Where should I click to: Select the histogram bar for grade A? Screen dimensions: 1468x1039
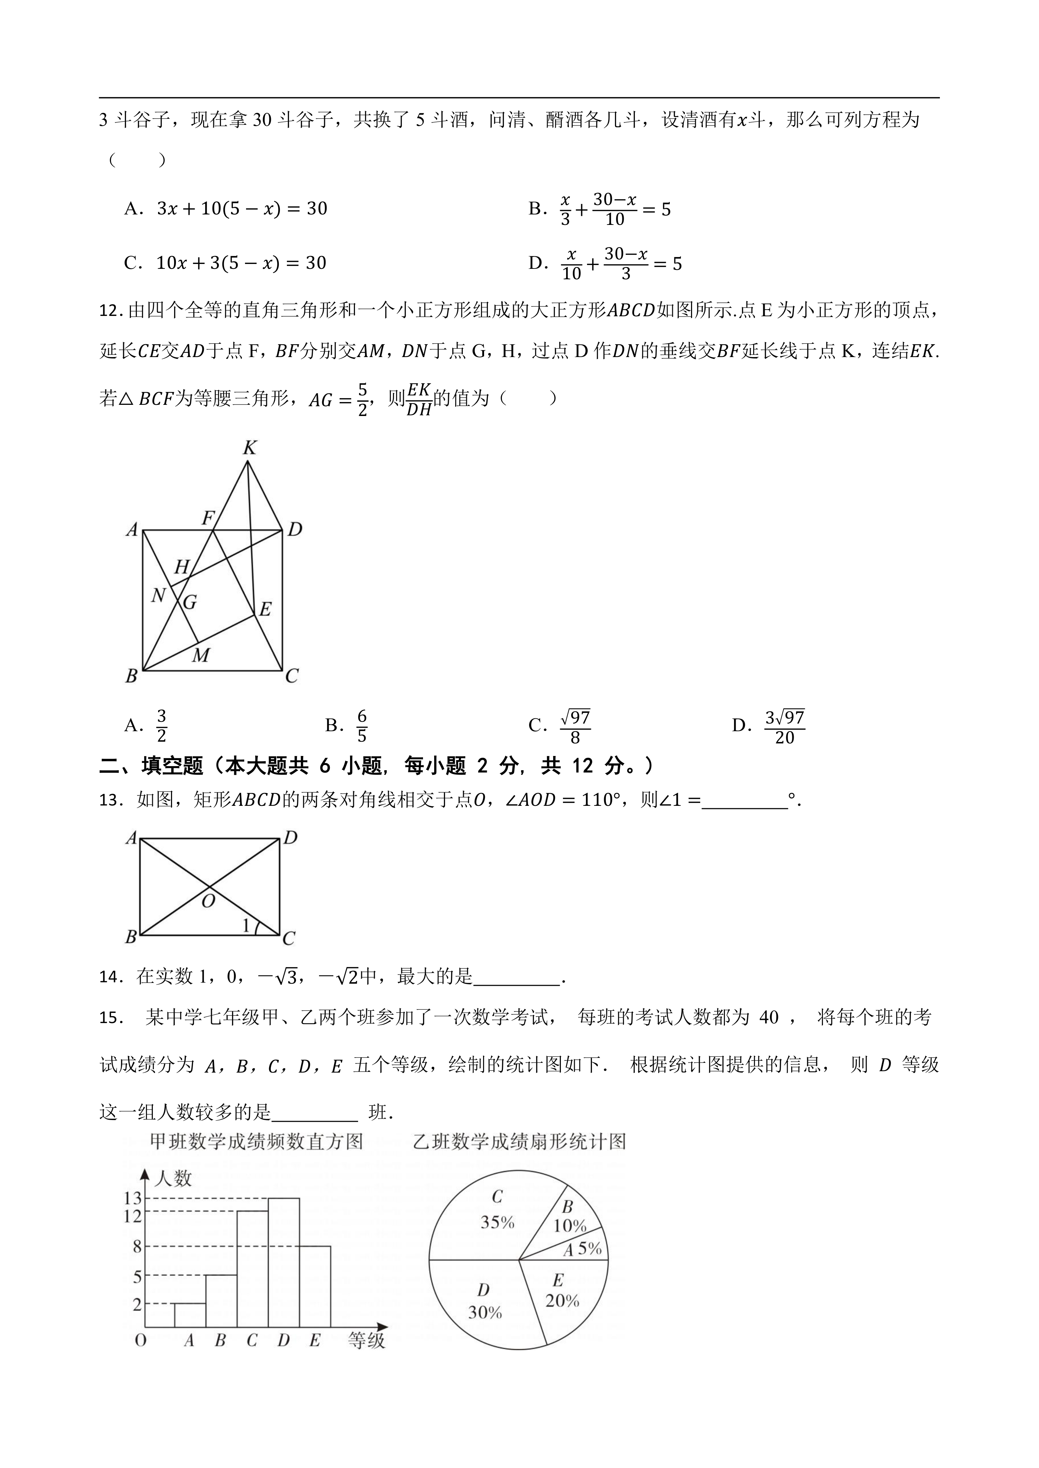190,1315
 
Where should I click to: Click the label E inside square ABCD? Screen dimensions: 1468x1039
265,609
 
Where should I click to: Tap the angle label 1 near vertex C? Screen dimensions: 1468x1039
246,925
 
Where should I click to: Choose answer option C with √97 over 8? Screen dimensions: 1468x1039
574,726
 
